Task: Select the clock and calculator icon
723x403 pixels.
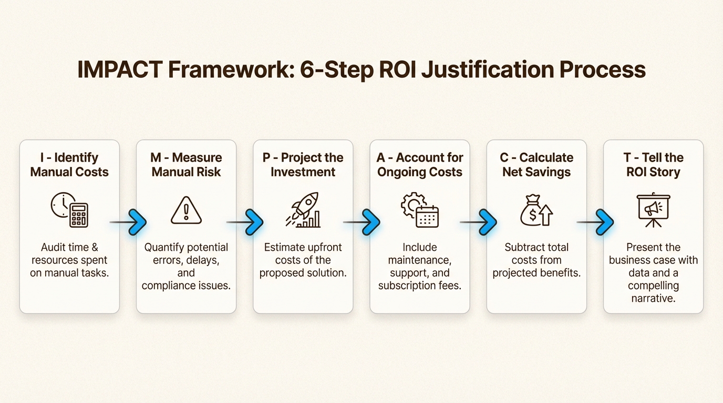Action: coord(69,210)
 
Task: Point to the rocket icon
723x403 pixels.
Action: coord(303,210)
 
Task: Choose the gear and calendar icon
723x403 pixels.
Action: coord(419,210)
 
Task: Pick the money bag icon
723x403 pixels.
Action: coord(536,210)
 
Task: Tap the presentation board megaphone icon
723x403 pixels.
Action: coord(653,210)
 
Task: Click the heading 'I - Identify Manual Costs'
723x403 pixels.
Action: coord(69,165)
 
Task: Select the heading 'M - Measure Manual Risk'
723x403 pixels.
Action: coord(187,165)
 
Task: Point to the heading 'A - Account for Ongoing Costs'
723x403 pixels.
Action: coord(419,165)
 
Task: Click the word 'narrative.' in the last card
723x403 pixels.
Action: coord(653,299)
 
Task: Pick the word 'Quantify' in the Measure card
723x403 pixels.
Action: coord(164,247)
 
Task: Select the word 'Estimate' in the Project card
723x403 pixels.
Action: coord(285,247)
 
